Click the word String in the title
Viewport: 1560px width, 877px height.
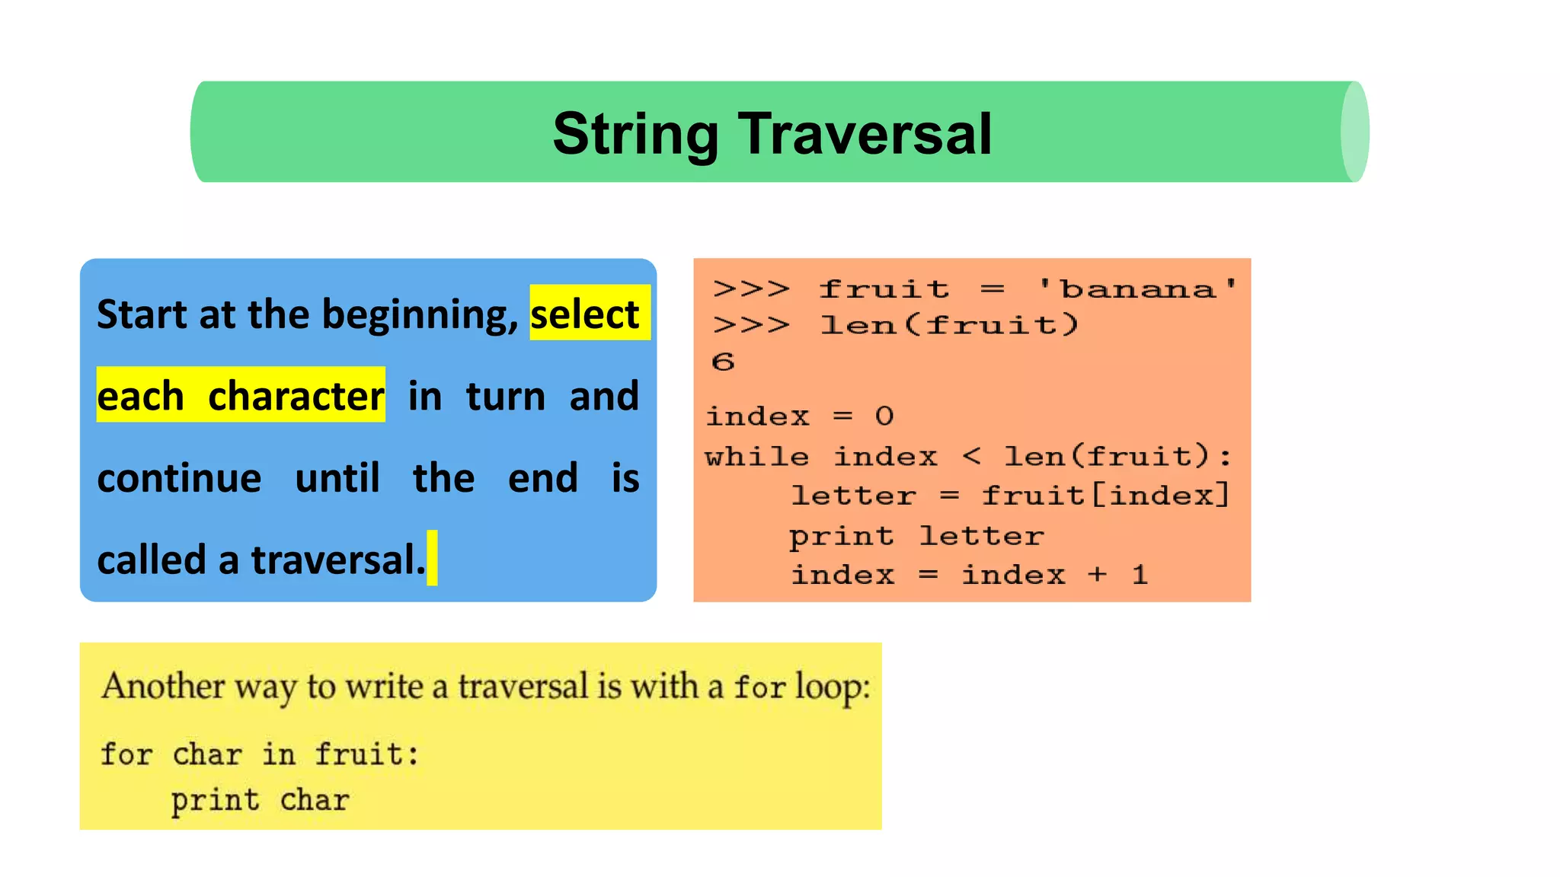point(635,135)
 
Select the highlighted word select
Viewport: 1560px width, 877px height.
point(585,314)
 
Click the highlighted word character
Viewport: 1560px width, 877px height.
point(296,396)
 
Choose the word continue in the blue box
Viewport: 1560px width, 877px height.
point(179,478)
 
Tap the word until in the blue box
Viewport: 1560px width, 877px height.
point(337,478)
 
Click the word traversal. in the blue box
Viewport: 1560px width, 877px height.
point(337,560)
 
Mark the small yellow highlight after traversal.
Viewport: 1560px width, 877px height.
point(432,558)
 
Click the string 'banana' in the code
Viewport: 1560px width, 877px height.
point(1138,289)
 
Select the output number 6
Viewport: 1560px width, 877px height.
point(723,362)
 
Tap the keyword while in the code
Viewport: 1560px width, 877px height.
point(756,457)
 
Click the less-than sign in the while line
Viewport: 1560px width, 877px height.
point(971,457)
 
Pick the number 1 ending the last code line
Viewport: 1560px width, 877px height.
point(1140,575)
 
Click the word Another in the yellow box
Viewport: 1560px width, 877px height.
point(163,686)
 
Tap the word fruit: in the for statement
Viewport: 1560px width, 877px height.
point(366,754)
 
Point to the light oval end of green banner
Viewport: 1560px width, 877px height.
point(1354,132)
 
